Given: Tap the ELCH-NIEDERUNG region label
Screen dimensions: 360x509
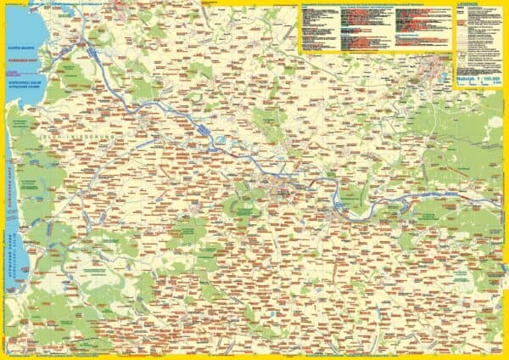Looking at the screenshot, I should tap(81, 136).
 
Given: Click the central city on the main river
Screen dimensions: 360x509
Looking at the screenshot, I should tap(281, 182).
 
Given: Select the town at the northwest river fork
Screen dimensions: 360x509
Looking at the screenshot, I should tap(84, 42).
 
